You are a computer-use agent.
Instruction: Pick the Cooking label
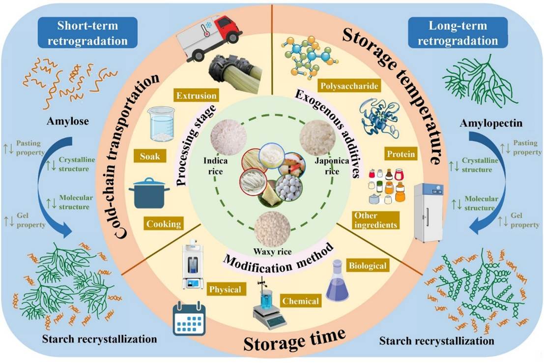click(164, 224)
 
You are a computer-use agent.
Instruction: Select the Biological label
click(368, 266)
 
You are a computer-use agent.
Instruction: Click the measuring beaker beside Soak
click(161, 123)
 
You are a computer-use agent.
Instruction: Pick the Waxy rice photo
click(272, 229)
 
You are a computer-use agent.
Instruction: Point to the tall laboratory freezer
click(428, 212)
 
